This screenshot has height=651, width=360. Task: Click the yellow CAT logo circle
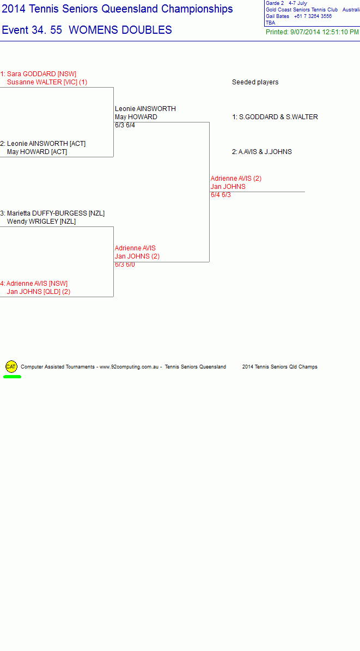point(11,367)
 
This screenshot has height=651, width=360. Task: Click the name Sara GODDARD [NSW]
point(41,74)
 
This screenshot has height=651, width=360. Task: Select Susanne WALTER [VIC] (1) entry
point(47,82)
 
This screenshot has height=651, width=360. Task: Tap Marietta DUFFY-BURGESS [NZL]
point(56,213)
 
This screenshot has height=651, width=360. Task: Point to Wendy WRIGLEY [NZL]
point(41,222)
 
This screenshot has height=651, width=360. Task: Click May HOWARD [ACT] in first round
point(37,152)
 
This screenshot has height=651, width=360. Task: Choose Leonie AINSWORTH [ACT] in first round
point(46,144)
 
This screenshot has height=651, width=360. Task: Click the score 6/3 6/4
point(125,125)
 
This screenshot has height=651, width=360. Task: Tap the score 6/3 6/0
point(125,265)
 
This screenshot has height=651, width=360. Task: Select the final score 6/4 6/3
point(221,195)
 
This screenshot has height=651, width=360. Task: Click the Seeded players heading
point(255,82)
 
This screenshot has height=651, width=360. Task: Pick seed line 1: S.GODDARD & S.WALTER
point(275,117)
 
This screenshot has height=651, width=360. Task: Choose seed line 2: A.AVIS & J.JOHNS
point(262,152)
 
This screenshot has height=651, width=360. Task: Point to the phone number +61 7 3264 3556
point(313,16)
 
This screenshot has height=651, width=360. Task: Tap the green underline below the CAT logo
point(13,377)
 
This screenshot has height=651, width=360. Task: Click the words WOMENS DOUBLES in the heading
point(120,30)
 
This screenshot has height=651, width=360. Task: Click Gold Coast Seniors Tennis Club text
point(302,10)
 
